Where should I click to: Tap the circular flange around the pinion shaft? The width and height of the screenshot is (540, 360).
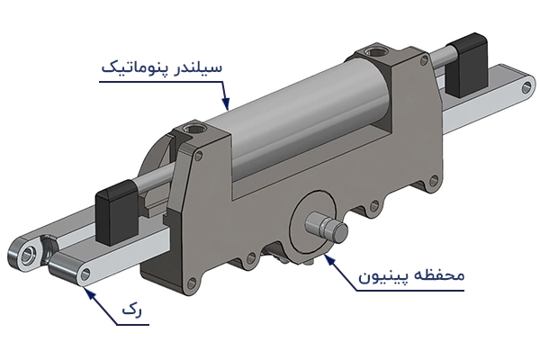click(313, 216)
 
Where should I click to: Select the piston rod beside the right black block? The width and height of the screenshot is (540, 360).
click(436, 65)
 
